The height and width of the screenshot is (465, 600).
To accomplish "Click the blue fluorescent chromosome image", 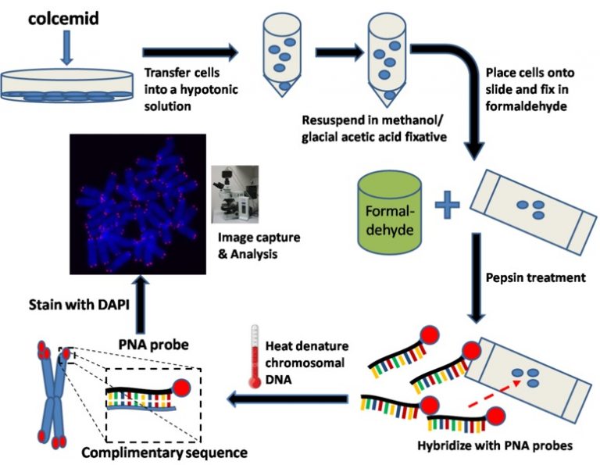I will [137, 203].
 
